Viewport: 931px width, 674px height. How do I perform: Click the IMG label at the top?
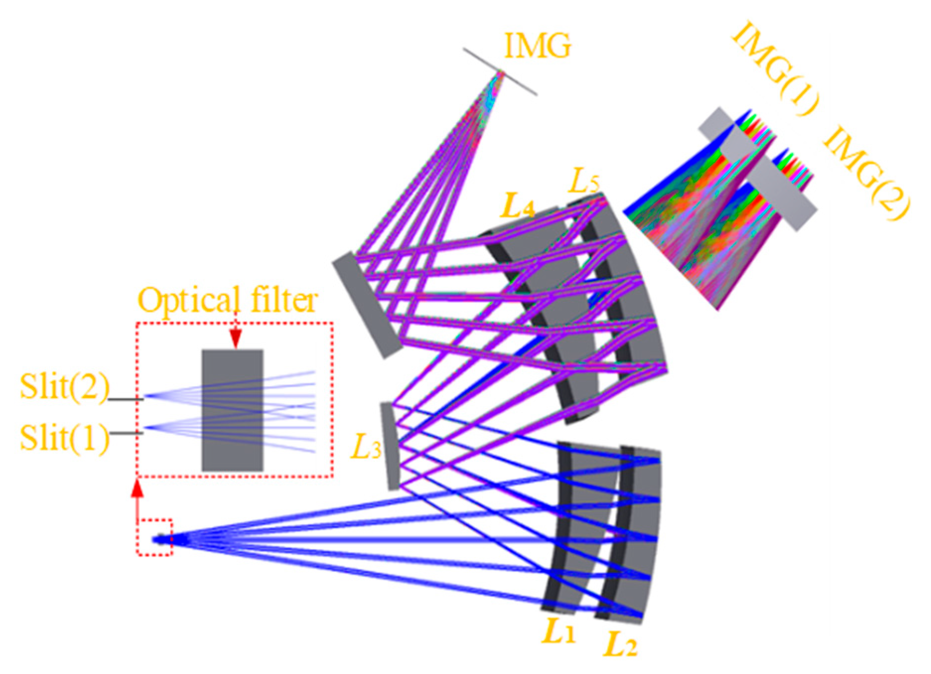pyautogui.click(x=537, y=46)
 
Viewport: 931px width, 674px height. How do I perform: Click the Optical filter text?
pyautogui.click(x=228, y=300)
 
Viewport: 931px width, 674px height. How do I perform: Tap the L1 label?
pyautogui.click(x=559, y=632)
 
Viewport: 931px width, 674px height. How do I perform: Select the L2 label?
pyautogui.click(x=620, y=645)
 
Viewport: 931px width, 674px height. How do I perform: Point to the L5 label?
pyautogui.click(x=584, y=183)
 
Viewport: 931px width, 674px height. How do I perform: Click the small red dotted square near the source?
pyautogui.click(x=155, y=538)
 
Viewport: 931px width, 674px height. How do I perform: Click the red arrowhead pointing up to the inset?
pyautogui.click(x=138, y=489)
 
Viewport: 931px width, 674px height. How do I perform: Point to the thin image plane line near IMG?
pyautogui.click(x=500, y=71)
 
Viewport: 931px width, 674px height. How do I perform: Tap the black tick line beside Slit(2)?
pyautogui.click(x=126, y=399)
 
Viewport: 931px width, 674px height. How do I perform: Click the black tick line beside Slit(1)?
pyautogui.click(x=126, y=433)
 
